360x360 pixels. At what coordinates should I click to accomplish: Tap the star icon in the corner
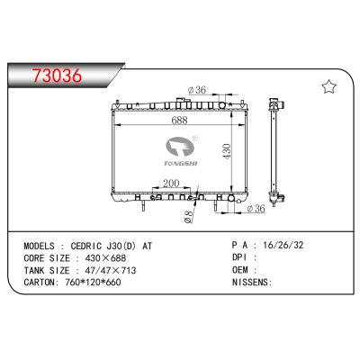click(x=328, y=86)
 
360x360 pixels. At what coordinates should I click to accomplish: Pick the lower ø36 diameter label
click(x=256, y=210)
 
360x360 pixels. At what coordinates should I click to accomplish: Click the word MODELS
click(x=49, y=244)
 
